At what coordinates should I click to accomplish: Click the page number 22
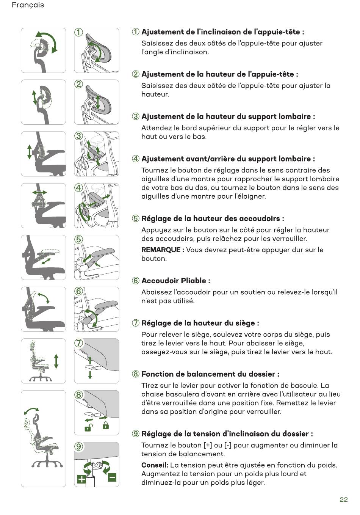pyautogui.click(x=343, y=499)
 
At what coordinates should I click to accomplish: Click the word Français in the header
pyautogui.click(x=28, y=5)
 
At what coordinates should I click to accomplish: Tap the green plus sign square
pyautogui.click(x=81, y=479)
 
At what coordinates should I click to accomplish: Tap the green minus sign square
pyautogui.click(x=112, y=477)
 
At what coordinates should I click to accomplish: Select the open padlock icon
pyautogui.click(x=88, y=427)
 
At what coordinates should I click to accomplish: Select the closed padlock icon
pyautogui.click(x=105, y=426)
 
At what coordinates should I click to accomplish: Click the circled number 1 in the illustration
pyautogui.click(x=78, y=32)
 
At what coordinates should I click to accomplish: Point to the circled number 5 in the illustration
pyautogui.click(x=78, y=239)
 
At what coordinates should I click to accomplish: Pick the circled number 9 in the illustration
pyautogui.click(x=78, y=446)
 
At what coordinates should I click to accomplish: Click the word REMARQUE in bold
pyautogui.click(x=161, y=250)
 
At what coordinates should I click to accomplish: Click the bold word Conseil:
pyautogui.click(x=155, y=465)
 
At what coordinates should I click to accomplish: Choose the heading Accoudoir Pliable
pyautogui.click(x=174, y=281)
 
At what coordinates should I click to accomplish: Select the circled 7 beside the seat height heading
pyautogui.click(x=136, y=323)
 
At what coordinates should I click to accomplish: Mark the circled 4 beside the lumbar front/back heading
pyautogui.click(x=136, y=159)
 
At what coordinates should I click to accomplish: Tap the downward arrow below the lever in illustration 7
pyautogui.click(x=90, y=375)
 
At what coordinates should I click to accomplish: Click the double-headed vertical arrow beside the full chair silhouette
pyautogui.click(x=56, y=361)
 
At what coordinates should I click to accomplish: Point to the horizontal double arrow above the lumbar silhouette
pyautogui.click(x=39, y=192)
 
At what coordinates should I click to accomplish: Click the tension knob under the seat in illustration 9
pyautogui.click(x=97, y=466)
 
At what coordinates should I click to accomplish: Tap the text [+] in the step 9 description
pyautogui.click(x=208, y=445)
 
